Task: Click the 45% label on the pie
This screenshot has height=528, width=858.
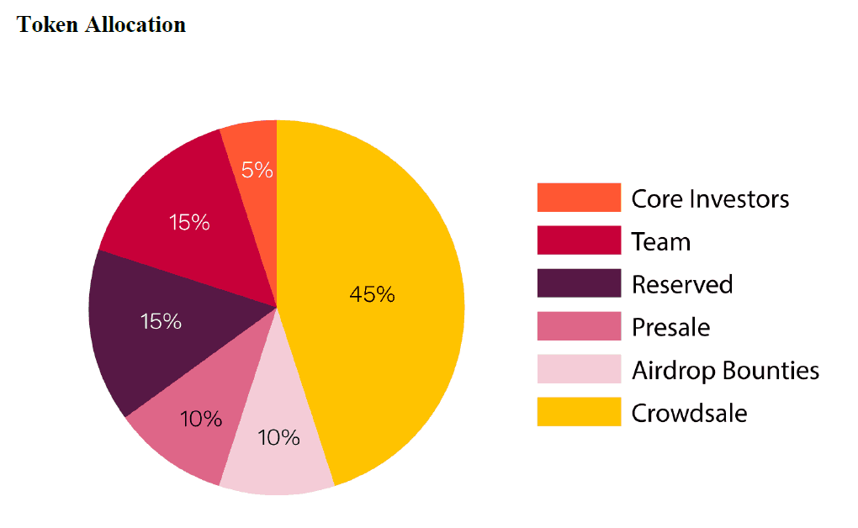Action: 372,294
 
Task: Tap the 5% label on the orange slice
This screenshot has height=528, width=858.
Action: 257,171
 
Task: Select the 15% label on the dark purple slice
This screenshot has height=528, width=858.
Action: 161,321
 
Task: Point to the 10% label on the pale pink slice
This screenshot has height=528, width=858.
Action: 278,438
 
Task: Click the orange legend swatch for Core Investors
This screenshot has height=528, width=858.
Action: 579,198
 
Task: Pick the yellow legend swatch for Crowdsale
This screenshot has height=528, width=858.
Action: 579,412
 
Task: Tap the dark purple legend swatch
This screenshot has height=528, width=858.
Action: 579,283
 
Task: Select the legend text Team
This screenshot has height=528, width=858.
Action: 661,242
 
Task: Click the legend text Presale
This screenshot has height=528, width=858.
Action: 671,327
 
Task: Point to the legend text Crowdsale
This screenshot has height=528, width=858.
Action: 690,413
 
